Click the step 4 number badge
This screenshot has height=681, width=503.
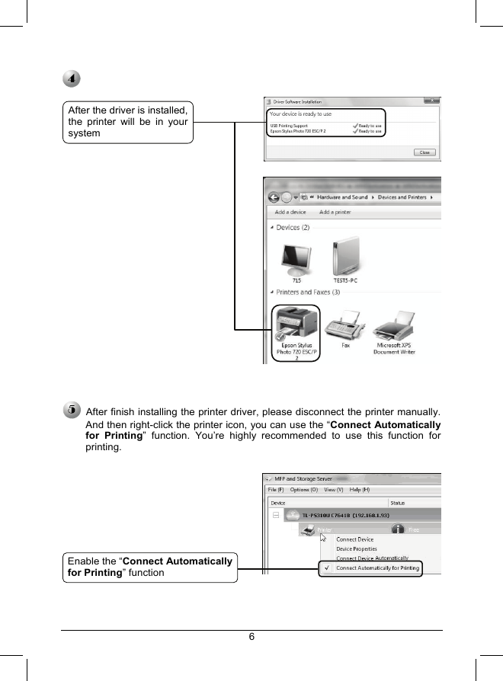click(x=71, y=79)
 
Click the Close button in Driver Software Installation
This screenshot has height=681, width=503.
click(x=425, y=152)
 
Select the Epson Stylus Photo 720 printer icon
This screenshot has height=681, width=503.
click(x=296, y=325)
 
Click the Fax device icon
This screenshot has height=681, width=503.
click(x=345, y=325)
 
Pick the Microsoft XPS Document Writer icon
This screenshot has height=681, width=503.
click(x=394, y=325)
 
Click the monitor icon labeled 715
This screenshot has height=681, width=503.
click(x=296, y=260)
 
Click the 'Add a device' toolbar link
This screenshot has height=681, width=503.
click(x=290, y=213)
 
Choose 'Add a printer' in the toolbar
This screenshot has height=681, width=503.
click(x=335, y=213)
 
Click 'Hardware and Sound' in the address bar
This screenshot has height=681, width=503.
click(x=343, y=197)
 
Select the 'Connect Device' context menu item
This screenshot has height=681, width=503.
click(x=355, y=539)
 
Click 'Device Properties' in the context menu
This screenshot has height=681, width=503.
click(x=357, y=548)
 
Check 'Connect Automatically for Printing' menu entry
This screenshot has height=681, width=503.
click(x=377, y=568)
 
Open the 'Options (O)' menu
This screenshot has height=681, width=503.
click(x=300, y=489)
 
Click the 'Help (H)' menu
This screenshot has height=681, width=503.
click(x=360, y=489)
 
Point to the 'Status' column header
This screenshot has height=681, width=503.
click(x=398, y=503)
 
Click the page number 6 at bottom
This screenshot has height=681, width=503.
click(x=251, y=638)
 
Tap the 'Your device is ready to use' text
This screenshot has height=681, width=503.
click(x=301, y=113)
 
